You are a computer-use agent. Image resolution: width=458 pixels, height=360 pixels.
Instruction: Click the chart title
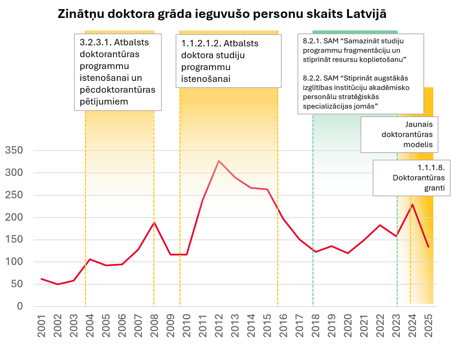222,14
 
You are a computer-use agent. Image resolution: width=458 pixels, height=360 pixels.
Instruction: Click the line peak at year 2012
219,161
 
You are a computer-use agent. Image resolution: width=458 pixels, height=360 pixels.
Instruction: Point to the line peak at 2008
154,222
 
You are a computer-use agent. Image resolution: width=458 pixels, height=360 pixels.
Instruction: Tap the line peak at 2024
412,204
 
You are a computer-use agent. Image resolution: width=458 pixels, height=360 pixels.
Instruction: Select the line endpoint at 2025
428,247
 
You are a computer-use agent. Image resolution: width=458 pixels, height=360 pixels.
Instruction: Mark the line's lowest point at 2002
57,284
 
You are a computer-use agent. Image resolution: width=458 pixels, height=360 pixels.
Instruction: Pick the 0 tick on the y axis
20,307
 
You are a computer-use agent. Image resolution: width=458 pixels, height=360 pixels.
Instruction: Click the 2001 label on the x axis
41,326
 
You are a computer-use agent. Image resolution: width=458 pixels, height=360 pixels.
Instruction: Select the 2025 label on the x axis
429,326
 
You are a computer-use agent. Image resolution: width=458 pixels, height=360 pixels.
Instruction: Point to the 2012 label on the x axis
219,326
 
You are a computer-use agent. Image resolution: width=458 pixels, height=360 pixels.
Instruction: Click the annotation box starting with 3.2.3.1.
118,72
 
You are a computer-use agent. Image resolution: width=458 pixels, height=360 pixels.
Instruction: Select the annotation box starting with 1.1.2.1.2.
228,61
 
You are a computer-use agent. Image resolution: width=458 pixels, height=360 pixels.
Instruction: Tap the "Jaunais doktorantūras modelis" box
399,135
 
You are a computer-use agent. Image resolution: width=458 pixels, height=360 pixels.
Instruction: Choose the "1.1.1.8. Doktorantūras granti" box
411,178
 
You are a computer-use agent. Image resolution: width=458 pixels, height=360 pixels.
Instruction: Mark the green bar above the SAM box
355,32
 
